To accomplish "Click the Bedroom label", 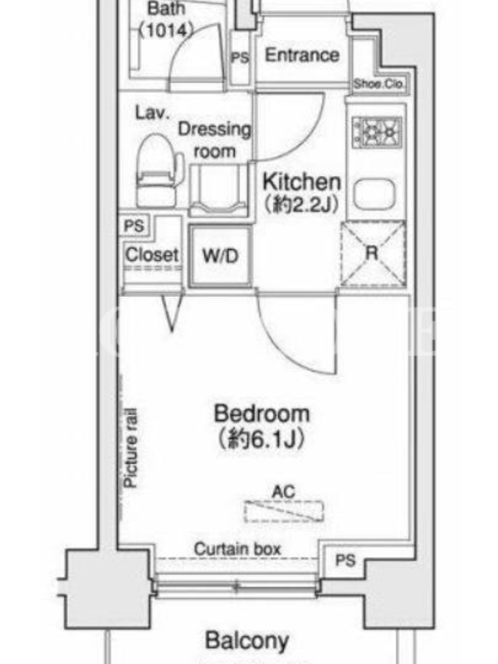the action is (261, 413).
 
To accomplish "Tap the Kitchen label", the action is (301, 182).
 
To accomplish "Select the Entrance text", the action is (302, 55).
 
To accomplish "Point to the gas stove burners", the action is (377, 133).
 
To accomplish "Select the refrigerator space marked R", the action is (373, 253).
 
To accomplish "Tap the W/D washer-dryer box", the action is (220, 256).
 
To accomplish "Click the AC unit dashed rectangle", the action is (284, 510).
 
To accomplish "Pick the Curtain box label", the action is (237, 549).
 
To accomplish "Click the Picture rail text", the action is (130, 447).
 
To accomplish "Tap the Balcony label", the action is (247, 641).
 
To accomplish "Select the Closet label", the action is (152, 255).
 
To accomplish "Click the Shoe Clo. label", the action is (378, 84).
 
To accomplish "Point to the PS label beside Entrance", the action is (240, 57).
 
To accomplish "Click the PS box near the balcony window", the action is (345, 560).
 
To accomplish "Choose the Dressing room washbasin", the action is (218, 190).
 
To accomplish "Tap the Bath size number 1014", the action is (167, 30).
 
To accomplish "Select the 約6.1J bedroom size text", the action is (261, 439).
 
